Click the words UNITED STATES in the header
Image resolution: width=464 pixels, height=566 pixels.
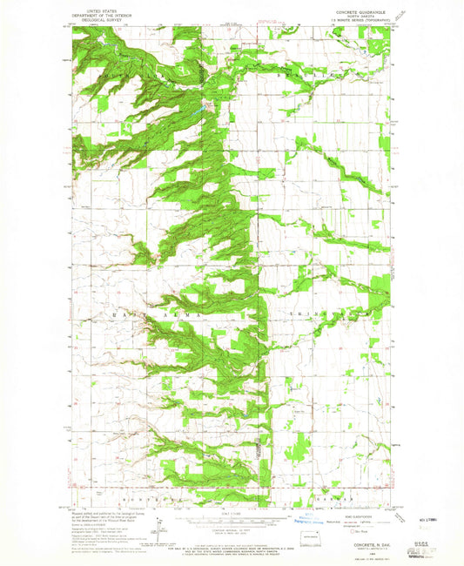tap(96, 10)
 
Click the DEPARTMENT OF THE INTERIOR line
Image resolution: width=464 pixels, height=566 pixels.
tap(96, 15)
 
